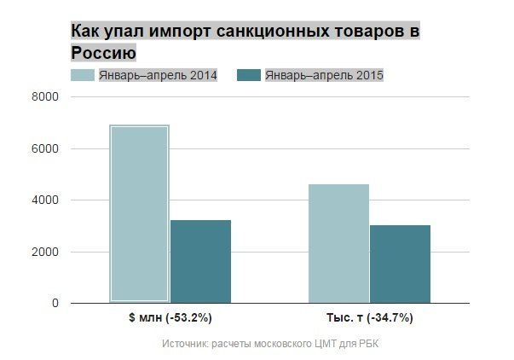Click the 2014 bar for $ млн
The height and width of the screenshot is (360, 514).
coord(139,213)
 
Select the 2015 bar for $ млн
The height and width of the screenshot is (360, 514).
coord(200,261)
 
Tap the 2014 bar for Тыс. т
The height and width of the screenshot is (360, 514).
coord(338,243)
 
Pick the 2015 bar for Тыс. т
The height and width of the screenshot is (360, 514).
coord(400,264)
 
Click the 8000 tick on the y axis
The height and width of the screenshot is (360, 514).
coord(45,97)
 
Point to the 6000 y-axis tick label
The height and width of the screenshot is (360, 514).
coord(45,148)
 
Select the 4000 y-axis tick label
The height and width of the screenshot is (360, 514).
coord(45,200)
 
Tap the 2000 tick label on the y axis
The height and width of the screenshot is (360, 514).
coord(45,252)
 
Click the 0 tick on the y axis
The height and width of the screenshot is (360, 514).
coord(55,303)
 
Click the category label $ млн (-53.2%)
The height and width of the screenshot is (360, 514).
coord(170,318)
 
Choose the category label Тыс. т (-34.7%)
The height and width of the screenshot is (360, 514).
coord(369,318)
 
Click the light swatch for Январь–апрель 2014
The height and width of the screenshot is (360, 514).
coord(82,76)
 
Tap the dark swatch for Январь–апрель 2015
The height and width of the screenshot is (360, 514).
coord(248,76)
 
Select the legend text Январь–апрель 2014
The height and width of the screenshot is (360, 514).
coord(158,76)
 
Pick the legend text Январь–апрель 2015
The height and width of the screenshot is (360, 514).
coord(324,76)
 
